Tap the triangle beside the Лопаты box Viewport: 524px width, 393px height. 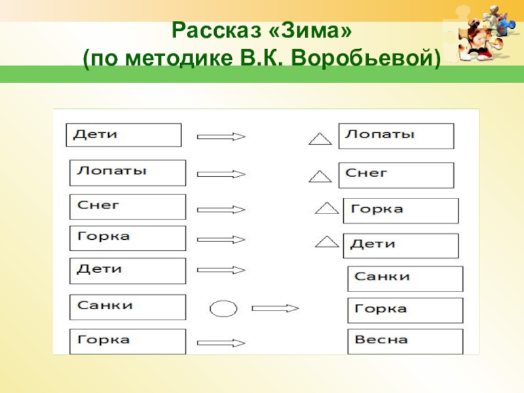(320, 139)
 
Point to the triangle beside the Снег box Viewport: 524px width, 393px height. (320, 176)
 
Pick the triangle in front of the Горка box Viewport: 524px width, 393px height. (326, 209)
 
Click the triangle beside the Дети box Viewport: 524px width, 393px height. (326, 242)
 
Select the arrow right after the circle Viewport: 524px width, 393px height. (275, 308)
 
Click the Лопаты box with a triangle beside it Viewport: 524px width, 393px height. (396, 136)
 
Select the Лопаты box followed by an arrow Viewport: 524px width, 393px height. (127, 173)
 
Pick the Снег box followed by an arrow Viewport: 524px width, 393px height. (127, 207)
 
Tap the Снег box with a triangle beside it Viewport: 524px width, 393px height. (396, 175)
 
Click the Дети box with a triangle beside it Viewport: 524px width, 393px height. (400, 245)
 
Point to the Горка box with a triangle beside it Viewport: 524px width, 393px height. (400, 211)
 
